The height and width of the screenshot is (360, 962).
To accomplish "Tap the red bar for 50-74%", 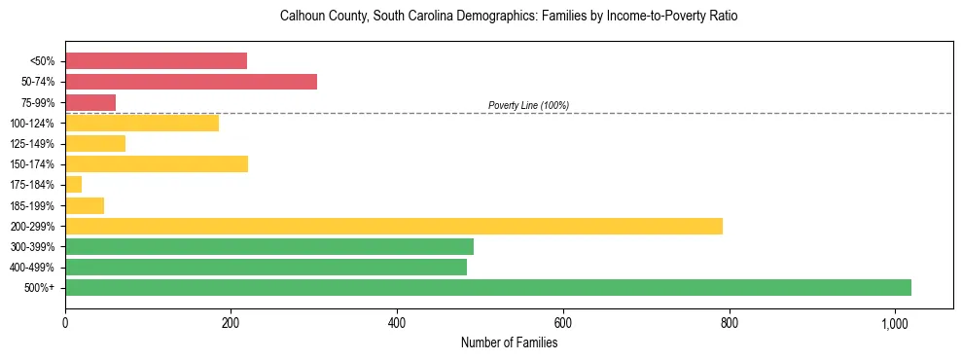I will (x=191, y=82).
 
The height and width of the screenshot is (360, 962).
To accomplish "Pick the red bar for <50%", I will (x=156, y=61).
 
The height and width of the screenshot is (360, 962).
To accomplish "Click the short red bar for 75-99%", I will (x=90, y=102).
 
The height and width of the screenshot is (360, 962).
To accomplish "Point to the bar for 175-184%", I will (x=74, y=184).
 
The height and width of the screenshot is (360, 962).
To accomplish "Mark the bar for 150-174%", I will (x=157, y=163).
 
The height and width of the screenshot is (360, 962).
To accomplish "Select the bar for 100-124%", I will (x=142, y=123).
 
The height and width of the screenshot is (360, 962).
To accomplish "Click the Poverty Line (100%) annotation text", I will (x=528, y=105).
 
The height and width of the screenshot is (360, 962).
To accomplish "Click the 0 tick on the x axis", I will (x=65, y=322).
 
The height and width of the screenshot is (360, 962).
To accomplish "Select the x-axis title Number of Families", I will (x=509, y=342).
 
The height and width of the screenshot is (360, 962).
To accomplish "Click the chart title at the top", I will (x=509, y=17).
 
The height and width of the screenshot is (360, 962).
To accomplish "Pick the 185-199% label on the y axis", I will (x=32, y=205).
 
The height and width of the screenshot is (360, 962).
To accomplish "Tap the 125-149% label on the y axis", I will (x=32, y=144).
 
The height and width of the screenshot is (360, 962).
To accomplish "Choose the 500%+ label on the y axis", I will (x=39, y=288).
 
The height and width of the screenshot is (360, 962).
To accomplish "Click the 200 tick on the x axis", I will (x=231, y=322).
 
